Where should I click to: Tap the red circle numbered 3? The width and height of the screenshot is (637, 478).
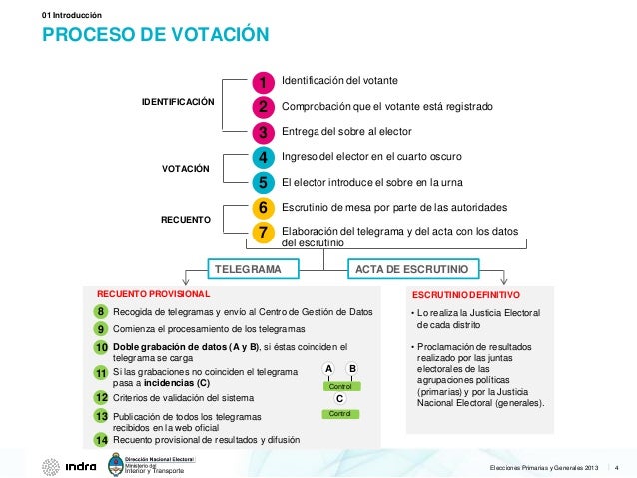coord(262,132)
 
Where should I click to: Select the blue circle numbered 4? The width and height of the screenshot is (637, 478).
coord(262,158)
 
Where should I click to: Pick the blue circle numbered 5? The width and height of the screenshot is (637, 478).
coord(262,183)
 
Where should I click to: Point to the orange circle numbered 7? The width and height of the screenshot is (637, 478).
coord(262,233)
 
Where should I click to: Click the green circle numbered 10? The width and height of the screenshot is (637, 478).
coord(101,347)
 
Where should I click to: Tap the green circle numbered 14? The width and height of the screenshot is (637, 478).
coord(101,439)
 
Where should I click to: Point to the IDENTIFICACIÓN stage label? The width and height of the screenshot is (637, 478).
coord(178,103)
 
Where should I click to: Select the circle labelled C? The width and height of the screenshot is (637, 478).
coord(340,398)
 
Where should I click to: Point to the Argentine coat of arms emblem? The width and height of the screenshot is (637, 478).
coord(115,465)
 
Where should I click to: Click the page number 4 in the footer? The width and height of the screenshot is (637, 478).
coord(617,467)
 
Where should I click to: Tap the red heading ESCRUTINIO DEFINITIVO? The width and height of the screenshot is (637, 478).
coord(465,296)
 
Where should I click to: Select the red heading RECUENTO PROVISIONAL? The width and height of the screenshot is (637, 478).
coord(153,295)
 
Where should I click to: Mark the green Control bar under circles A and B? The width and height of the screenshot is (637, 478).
coord(341,386)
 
